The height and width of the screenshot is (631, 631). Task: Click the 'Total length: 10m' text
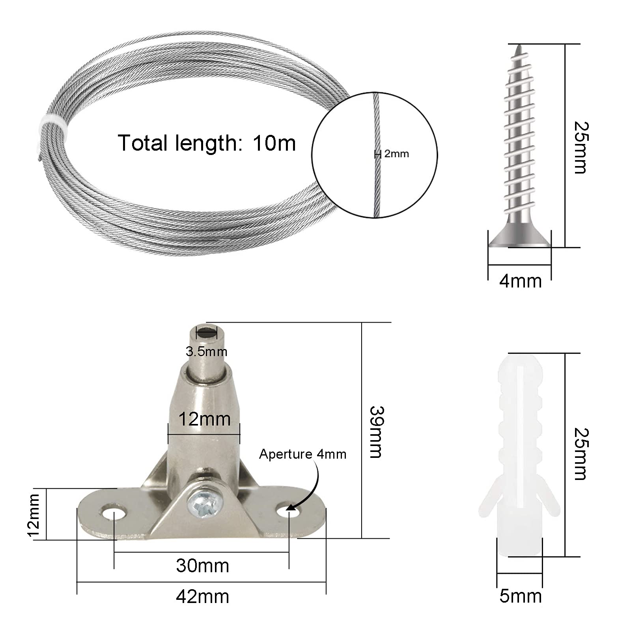pyautogui.click(x=207, y=143)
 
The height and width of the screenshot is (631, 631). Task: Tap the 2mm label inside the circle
pyautogui.click(x=396, y=154)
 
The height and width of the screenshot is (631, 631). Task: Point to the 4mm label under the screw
pyautogui.click(x=520, y=281)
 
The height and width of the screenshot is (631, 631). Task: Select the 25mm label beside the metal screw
pyautogui.click(x=580, y=147)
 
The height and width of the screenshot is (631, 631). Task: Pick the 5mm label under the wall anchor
pyautogui.click(x=520, y=596)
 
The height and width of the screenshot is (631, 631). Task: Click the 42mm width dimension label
pyautogui.click(x=202, y=597)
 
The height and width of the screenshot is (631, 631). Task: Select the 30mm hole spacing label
pyautogui.click(x=202, y=566)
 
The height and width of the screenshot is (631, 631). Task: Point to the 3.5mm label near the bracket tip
pyautogui.click(x=206, y=351)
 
